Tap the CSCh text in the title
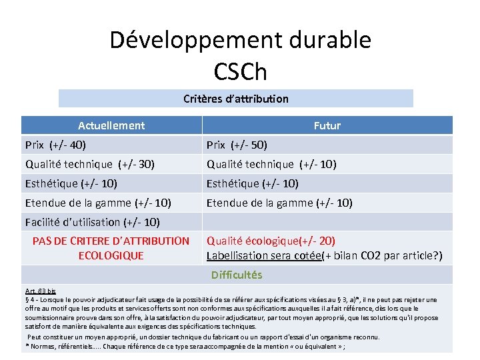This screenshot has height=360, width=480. click(240, 71)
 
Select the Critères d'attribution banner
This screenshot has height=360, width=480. click(236, 99)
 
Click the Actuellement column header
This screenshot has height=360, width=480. click(111, 125)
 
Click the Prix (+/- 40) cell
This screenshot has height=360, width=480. click(55, 145)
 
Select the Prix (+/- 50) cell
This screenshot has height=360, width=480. click(237, 145)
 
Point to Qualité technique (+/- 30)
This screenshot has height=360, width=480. click(90, 164)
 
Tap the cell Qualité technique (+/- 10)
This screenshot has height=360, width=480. click(271, 164)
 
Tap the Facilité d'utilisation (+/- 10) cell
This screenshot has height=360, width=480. click(93, 222)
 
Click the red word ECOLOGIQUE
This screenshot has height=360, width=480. click(111, 255)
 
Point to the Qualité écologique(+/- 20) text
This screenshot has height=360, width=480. click(271, 241)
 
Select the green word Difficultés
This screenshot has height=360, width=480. click(237, 275)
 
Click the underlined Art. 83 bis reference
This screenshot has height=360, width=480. click(41, 291)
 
